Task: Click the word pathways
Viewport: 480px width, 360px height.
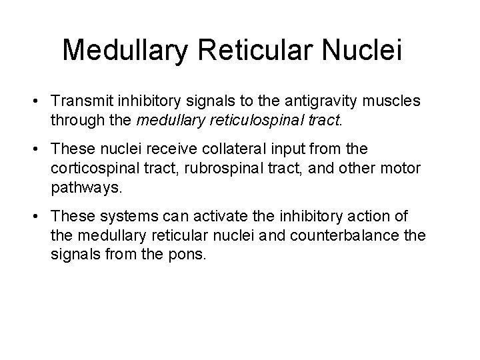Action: click(x=86, y=187)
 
